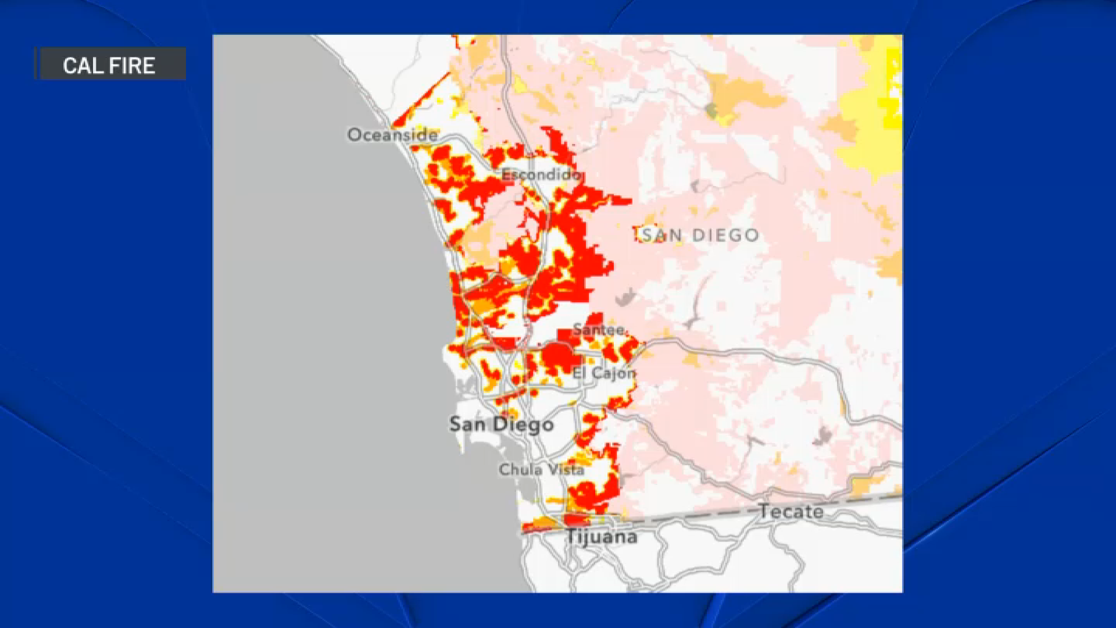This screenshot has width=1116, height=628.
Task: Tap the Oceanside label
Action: pyautogui.click(x=392, y=135)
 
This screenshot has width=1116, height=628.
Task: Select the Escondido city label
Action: pyautogui.click(x=540, y=174)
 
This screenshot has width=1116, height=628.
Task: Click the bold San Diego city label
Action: pyautogui.click(x=501, y=424)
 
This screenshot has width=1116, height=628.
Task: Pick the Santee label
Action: pyautogui.click(x=599, y=330)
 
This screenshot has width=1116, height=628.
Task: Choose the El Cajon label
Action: pyautogui.click(x=604, y=373)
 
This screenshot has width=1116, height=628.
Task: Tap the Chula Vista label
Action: pyautogui.click(x=541, y=469)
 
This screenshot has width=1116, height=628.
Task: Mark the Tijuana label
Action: pyautogui.click(x=601, y=536)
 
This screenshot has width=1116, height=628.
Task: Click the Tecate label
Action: pyautogui.click(x=791, y=512)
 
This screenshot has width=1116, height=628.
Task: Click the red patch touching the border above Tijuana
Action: pyautogui.click(x=577, y=519)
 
